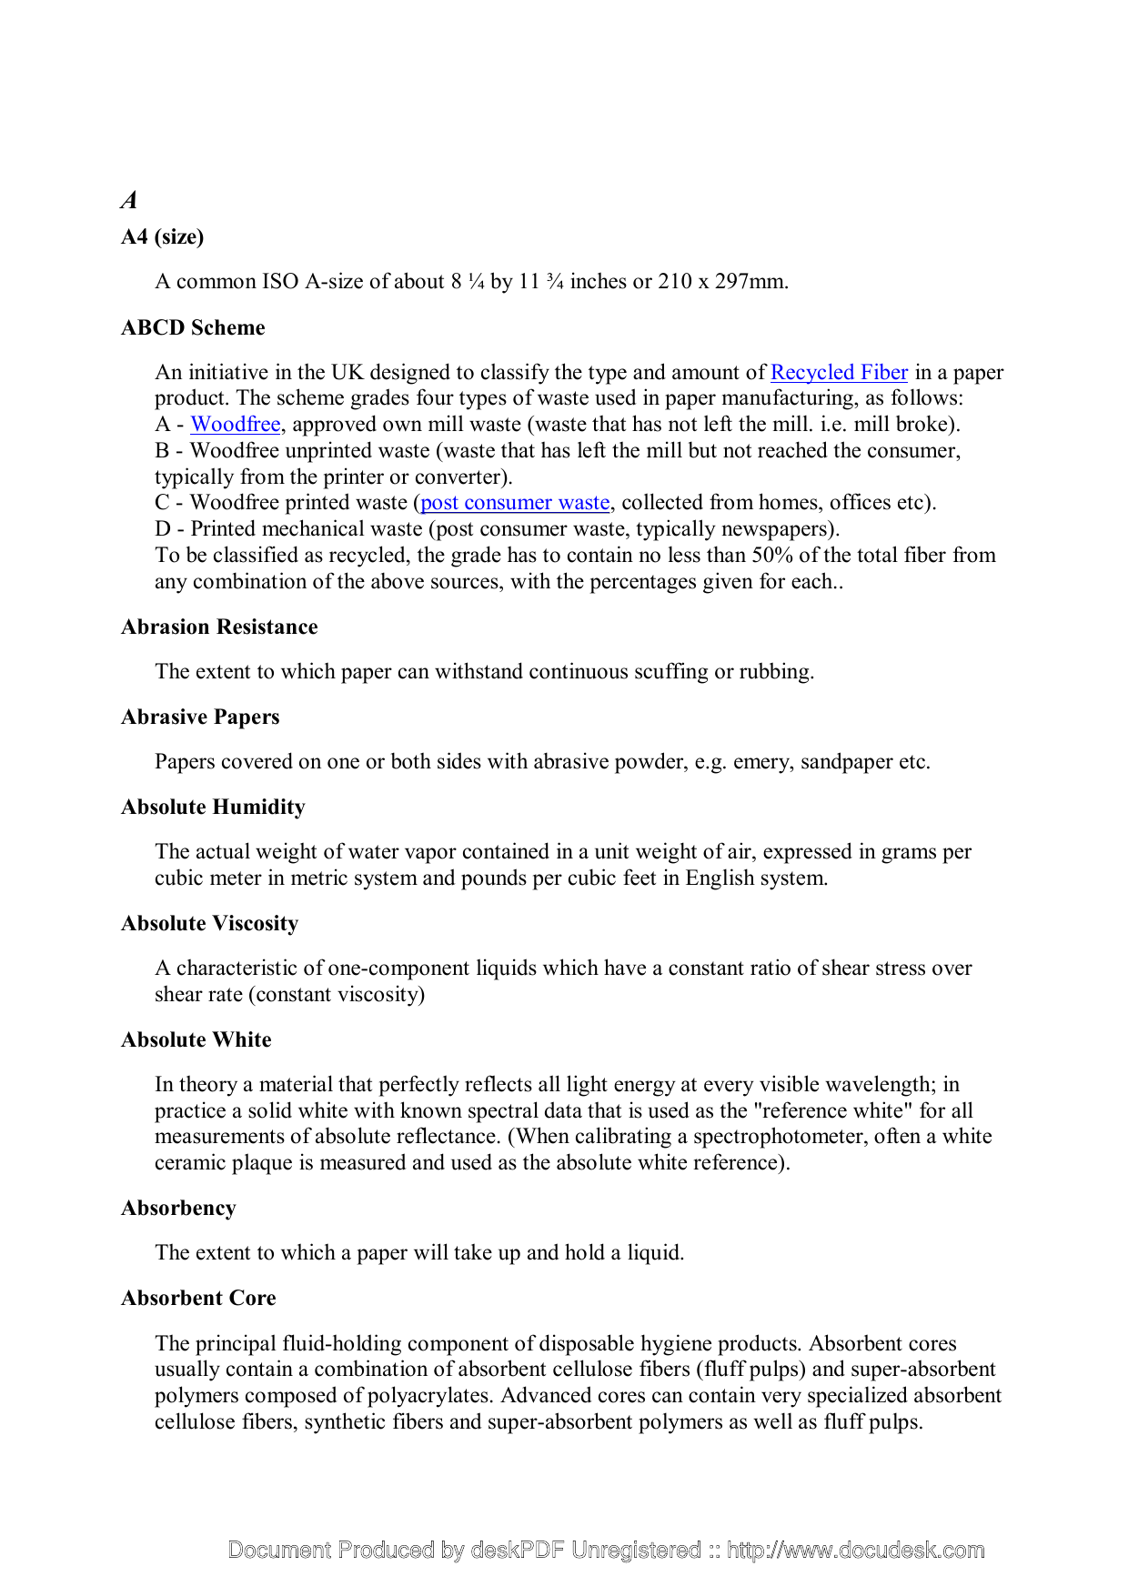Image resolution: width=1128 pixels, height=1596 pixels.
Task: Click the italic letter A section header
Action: pos(129,200)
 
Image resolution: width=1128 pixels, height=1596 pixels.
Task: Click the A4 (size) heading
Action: pos(162,236)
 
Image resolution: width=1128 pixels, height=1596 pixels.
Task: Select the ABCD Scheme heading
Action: pos(193,327)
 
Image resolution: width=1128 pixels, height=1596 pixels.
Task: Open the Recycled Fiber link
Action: pos(839,372)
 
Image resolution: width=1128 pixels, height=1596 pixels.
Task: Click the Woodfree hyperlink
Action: pos(235,424)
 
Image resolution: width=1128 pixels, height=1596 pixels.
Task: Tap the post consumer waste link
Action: pos(515,502)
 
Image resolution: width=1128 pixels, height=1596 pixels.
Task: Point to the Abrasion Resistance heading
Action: pos(219,627)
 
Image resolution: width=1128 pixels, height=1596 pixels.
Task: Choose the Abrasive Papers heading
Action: pos(200,717)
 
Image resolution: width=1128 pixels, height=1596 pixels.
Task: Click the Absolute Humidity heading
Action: pos(213,807)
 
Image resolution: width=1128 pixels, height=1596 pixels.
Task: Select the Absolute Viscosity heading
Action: pos(209,923)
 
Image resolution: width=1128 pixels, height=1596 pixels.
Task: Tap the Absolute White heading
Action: pos(196,1039)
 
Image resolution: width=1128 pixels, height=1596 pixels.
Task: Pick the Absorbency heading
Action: pos(178,1208)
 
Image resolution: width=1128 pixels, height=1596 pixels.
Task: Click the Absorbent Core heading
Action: pos(198,1298)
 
